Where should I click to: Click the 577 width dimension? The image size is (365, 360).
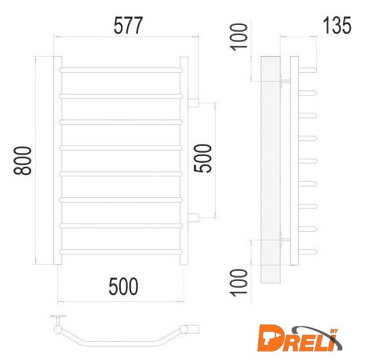(128, 25)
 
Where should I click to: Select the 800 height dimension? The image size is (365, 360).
(22, 161)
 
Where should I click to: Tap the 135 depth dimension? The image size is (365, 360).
(337, 25)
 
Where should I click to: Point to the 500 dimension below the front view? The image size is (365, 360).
(124, 286)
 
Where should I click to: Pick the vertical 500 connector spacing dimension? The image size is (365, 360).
(203, 158)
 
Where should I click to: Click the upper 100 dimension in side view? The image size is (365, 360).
(239, 37)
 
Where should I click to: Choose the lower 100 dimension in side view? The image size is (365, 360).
(239, 283)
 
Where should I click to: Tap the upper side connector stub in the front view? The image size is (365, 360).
(193, 103)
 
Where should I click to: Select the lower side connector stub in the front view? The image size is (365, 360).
(193, 217)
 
